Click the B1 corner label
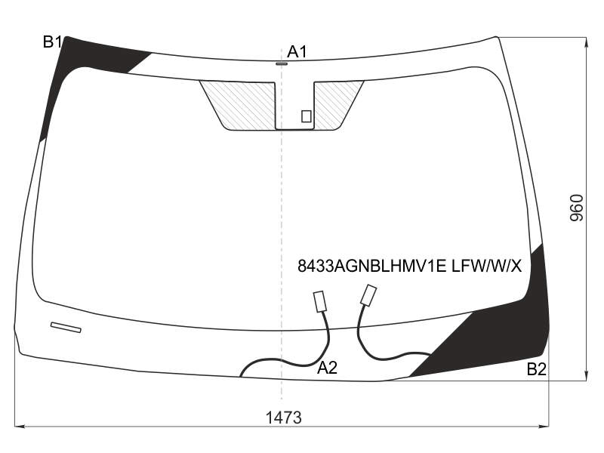click(52, 42)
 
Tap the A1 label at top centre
click(297, 51)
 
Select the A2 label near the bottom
click(327, 368)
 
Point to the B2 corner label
click(537, 369)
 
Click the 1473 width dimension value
click(284, 418)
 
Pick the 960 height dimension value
click(576, 208)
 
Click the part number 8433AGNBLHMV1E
click(371, 266)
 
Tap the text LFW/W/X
click(486, 266)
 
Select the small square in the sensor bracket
click(307, 116)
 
